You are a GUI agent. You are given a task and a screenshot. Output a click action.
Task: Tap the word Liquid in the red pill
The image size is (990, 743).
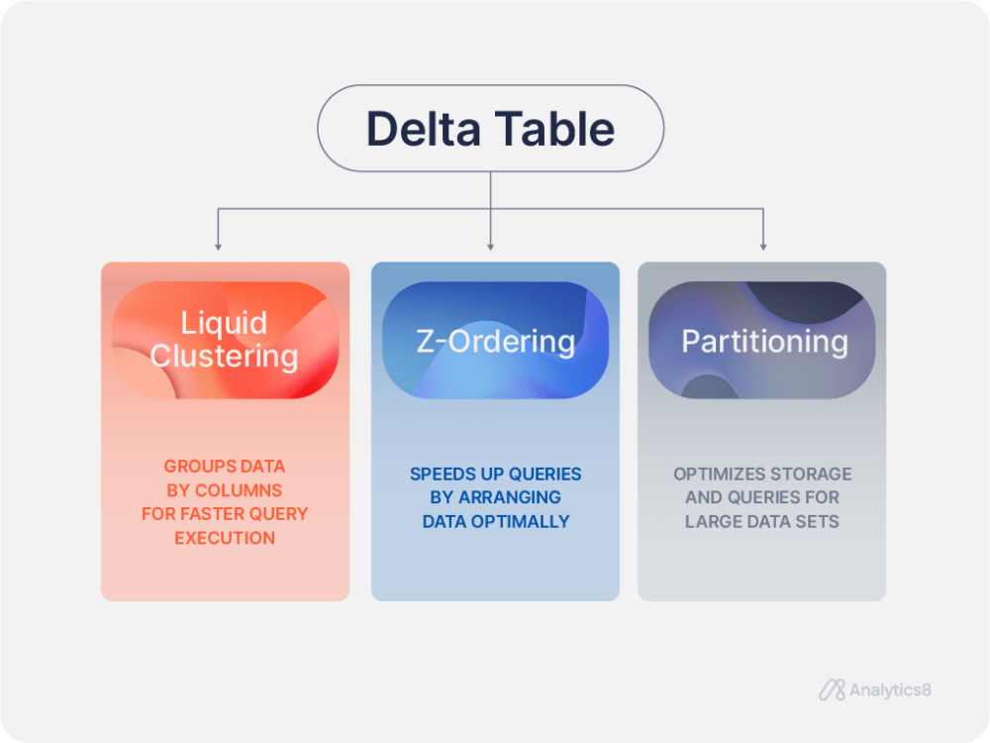pyautogui.click(x=224, y=323)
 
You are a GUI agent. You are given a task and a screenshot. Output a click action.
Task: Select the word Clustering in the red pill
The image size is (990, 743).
pyautogui.click(x=224, y=356)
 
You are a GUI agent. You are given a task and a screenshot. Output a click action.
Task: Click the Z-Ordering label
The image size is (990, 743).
pyautogui.click(x=495, y=341)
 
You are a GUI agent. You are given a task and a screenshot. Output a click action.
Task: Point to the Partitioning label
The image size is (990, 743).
pyautogui.click(x=764, y=341)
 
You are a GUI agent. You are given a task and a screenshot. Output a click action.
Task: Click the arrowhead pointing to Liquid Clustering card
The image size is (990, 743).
pyautogui.click(x=218, y=245)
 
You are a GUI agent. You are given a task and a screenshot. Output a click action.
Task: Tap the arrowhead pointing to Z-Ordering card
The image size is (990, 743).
pyautogui.click(x=491, y=245)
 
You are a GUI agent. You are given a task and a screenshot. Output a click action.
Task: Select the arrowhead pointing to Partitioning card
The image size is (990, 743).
pyautogui.click(x=763, y=245)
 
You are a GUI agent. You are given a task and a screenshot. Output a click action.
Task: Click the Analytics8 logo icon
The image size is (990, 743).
pyautogui.click(x=832, y=690)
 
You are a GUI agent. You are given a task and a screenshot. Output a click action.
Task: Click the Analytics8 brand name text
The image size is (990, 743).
pyautogui.click(x=890, y=690)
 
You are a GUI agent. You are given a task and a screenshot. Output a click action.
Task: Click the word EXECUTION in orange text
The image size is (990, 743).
pyautogui.click(x=225, y=538)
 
